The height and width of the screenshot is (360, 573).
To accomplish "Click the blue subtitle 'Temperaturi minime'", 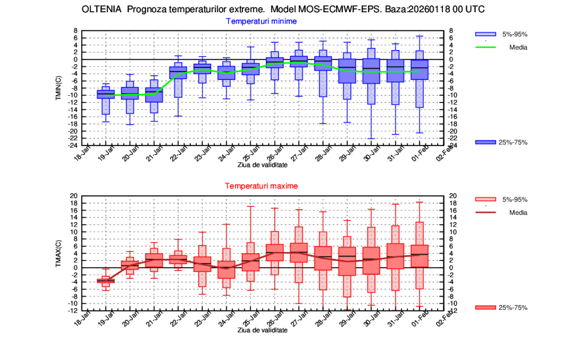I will (261, 21).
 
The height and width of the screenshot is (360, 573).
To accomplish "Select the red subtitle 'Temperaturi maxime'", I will (261, 186).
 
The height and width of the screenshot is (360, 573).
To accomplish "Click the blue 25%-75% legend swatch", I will (485, 142).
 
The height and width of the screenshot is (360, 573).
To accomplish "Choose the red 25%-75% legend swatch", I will (485, 308).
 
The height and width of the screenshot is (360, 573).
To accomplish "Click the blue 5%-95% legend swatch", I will (485, 34).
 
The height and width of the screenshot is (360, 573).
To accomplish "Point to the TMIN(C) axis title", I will (58, 89).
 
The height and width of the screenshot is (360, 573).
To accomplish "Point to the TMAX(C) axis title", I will (58, 254).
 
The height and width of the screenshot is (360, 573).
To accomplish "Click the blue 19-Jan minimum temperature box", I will (105, 94).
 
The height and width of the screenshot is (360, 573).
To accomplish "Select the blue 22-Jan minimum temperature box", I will (178, 73).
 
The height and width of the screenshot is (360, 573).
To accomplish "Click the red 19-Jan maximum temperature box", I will (105, 281).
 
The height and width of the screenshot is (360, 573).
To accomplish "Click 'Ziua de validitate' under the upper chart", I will (262, 165).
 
